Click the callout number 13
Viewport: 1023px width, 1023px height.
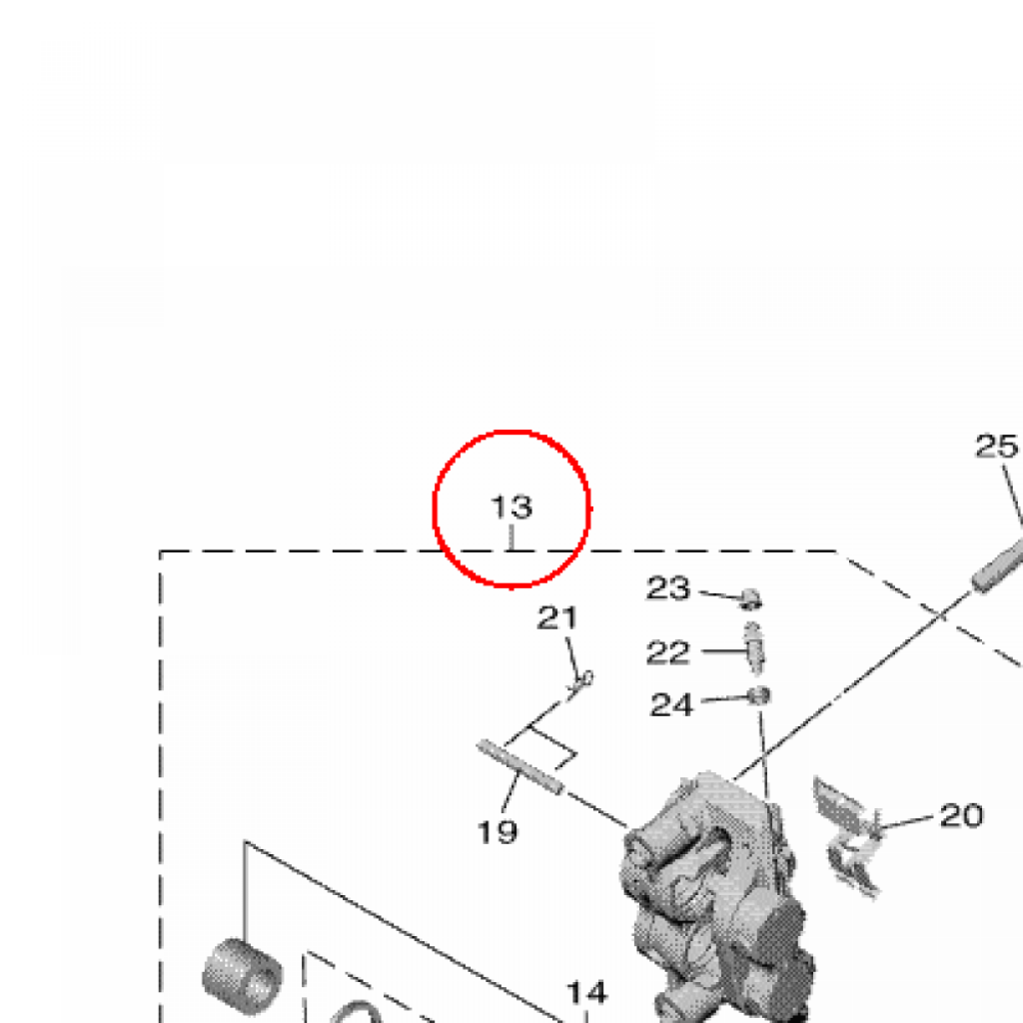511,507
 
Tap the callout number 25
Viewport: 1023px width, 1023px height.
996,447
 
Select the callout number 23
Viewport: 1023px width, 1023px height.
667,587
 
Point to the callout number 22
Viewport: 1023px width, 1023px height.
667,652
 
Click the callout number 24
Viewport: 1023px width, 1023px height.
671,704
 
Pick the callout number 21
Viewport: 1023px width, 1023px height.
557,617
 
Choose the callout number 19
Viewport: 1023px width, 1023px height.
498,832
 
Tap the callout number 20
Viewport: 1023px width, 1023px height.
961,815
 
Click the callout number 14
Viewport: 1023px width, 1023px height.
587,993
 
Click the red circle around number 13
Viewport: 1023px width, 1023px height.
511,432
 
